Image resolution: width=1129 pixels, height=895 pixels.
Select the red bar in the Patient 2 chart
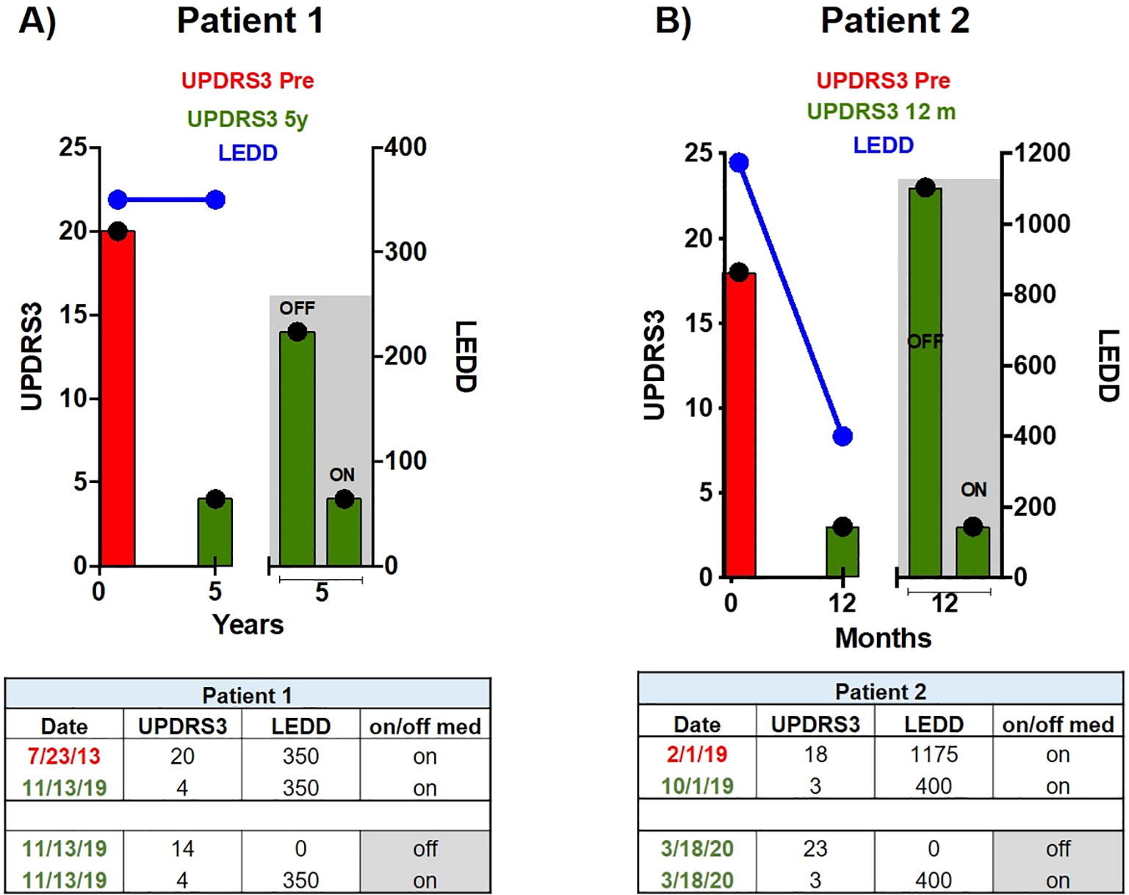tap(740, 426)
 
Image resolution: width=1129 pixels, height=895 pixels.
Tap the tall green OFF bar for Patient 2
tap(925, 382)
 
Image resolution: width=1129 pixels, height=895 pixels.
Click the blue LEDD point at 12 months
tap(843, 436)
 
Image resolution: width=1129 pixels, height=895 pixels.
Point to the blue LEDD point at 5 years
tap(215, 200)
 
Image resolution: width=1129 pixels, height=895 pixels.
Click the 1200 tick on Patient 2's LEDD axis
tap(1042, 153)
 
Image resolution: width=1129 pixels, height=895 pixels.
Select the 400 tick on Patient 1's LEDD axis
tap(405, 147)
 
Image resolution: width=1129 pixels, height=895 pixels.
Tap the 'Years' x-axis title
tap(248, 625)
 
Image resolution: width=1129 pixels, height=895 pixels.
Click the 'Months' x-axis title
tap(883, 638)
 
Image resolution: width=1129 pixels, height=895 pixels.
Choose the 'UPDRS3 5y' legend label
tap(248, 119)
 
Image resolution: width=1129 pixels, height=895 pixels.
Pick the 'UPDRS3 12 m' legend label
tap(881, 112)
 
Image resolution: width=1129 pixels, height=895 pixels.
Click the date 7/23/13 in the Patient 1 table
tap(64, 756)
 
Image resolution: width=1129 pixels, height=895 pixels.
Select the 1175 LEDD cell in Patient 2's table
tap(934, 754)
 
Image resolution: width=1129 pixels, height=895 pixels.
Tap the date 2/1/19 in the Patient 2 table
tap(697, 754)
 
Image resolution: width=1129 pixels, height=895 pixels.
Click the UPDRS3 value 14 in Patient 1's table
tap(182, 849)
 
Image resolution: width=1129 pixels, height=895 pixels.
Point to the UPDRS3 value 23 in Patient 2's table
tap(815, 849)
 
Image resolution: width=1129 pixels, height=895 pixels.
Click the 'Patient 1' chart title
tap(250, 21)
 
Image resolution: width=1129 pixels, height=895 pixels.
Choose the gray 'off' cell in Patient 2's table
tap(1058, 849)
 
